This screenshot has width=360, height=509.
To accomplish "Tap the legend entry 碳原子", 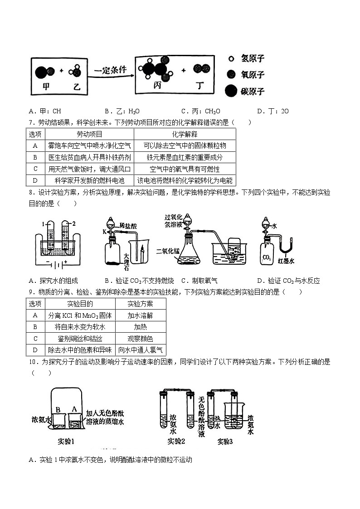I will (253, 92).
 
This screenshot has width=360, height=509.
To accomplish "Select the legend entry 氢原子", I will (253, 58).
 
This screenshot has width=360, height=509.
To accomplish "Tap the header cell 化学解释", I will (185, 134).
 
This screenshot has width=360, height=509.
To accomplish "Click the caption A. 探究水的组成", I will (53, 281).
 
